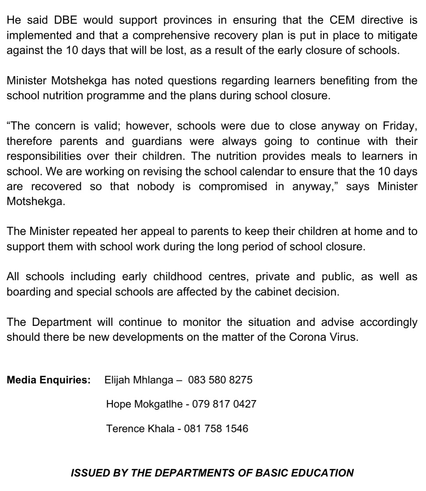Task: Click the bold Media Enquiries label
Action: point(49,380)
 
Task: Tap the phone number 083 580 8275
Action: point(220,380)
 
